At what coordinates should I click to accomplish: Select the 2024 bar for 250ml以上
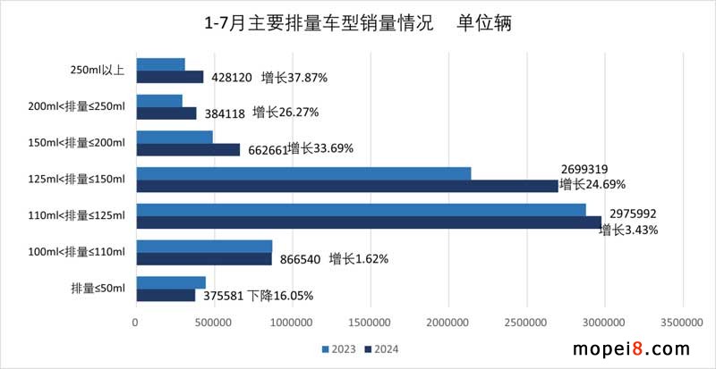[x=169, y=77]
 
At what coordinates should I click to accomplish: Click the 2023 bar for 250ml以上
[x=160, y=64]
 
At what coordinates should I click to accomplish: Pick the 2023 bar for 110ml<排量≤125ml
[x=361, y=209]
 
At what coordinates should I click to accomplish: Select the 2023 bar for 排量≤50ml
[x=170, y=282]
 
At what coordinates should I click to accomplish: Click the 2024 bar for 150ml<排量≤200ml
[x=188, y=149]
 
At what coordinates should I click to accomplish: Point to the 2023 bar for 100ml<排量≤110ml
[x=204, y=246]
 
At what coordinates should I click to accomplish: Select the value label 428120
[x=231, y=78]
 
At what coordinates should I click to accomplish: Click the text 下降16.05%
[x=281, y=296]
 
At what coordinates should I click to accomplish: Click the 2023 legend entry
[x=336, y=348]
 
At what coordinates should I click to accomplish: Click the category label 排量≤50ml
[x=98, y=288]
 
